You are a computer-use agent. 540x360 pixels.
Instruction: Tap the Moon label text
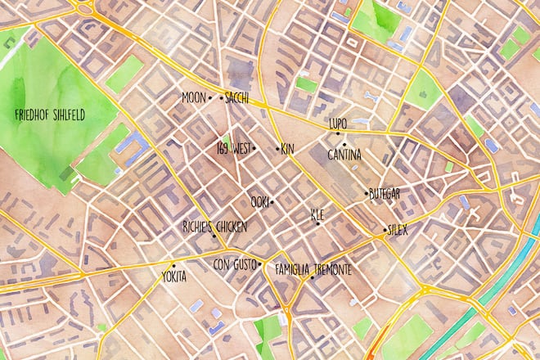[193, 97]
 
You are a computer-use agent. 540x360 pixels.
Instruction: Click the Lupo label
[338, 124]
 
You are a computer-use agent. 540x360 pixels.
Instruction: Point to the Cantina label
[344, 154]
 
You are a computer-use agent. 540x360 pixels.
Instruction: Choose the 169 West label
[232, 149]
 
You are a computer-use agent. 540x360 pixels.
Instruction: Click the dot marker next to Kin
[276, 149]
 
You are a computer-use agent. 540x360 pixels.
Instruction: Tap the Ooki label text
[259, 201]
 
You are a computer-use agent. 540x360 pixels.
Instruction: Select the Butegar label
[384, 193]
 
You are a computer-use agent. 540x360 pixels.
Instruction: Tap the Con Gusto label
[234, 265]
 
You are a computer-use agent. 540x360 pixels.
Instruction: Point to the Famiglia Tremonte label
[313, 268]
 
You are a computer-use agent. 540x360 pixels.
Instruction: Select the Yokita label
[173, 276]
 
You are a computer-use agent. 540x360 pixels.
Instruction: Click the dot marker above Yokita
[173, 266]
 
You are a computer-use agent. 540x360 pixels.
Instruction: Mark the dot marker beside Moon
[210, 97]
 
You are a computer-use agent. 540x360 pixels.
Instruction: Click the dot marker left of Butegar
[366, 193]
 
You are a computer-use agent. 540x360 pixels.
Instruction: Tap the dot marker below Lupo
[338, 133]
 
